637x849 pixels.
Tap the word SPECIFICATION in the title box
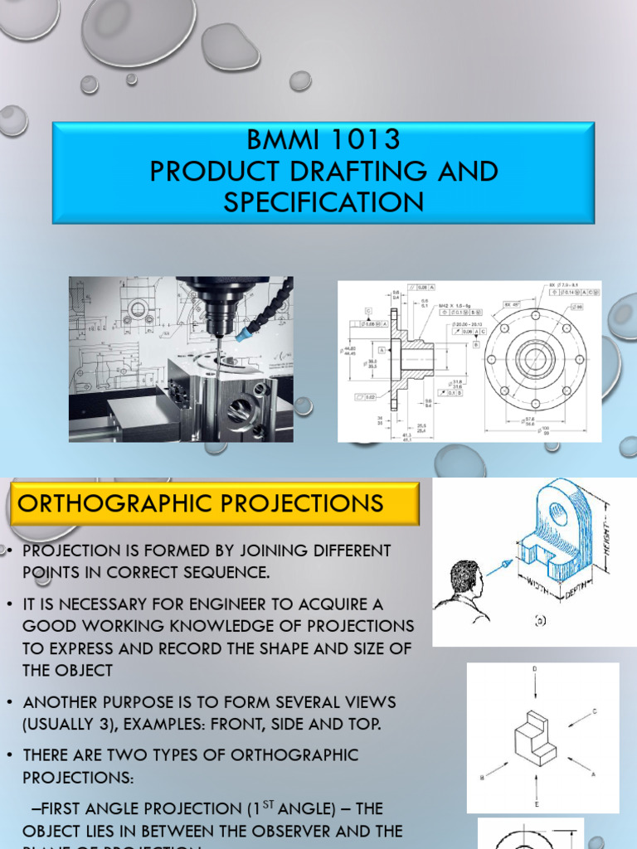click(x=323, y=201)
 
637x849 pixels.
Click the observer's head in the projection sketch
click(x=464, y=578)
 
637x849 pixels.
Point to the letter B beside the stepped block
click(x=483, y=779)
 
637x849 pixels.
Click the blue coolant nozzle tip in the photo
click(x=242, y=336)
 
